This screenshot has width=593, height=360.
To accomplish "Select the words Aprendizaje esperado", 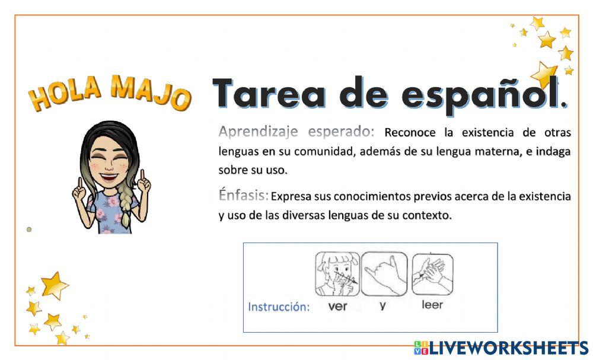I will (x=296, y=130).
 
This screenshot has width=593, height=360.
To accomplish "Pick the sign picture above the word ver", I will (x=337, y=273).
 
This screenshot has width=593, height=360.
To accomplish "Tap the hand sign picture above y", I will (x=384, y=273).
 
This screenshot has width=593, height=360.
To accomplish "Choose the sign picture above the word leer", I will (x=432, y=273).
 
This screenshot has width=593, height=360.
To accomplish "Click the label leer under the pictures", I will (x=432, y=305).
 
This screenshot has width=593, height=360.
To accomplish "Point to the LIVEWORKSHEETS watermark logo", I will (x=501, y=348).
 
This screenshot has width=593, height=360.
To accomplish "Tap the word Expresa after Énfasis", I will (x=291, y=196).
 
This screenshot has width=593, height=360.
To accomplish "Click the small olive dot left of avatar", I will (x=29, y=229).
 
